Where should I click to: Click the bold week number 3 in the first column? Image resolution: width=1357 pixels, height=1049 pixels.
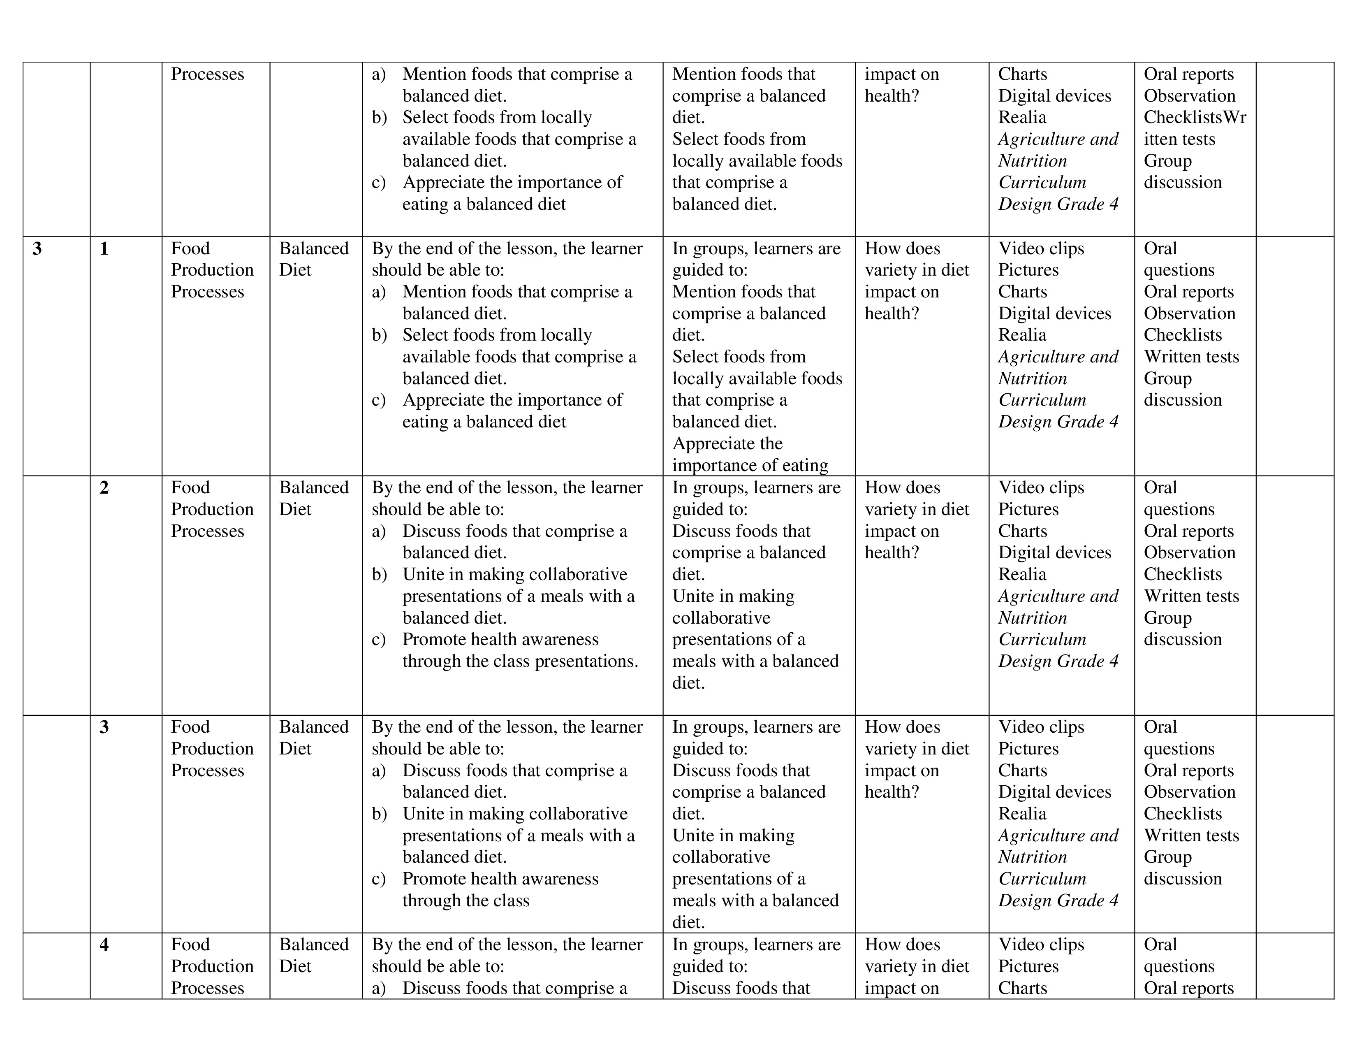[x=37, y=248]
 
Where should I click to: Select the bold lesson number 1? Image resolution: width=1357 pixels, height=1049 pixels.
[x=104, y=248]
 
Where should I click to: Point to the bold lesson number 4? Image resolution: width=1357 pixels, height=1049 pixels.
[x=104, y=945]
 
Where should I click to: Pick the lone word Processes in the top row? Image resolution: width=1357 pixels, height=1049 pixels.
[x=208, y=74]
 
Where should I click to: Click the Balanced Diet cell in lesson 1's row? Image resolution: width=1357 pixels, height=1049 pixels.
[x=313, y=259]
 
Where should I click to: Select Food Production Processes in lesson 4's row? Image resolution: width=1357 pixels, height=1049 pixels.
[x=212, y=966]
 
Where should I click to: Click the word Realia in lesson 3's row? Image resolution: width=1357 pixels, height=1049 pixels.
[x=1022, y=813]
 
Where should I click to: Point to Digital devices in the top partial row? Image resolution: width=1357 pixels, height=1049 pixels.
[x=1054, y=96]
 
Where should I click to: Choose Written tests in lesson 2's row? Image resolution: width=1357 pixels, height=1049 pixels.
[x=1191, y=596]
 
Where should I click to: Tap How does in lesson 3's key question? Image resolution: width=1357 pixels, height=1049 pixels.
[x=902, y=727]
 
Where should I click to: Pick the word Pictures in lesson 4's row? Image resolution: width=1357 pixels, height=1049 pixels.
[x=1028, y=966]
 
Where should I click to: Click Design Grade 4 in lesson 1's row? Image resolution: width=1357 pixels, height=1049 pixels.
[x=1058, y=422]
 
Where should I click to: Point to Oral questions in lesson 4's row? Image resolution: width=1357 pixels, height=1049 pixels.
[x=1179, y=955]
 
